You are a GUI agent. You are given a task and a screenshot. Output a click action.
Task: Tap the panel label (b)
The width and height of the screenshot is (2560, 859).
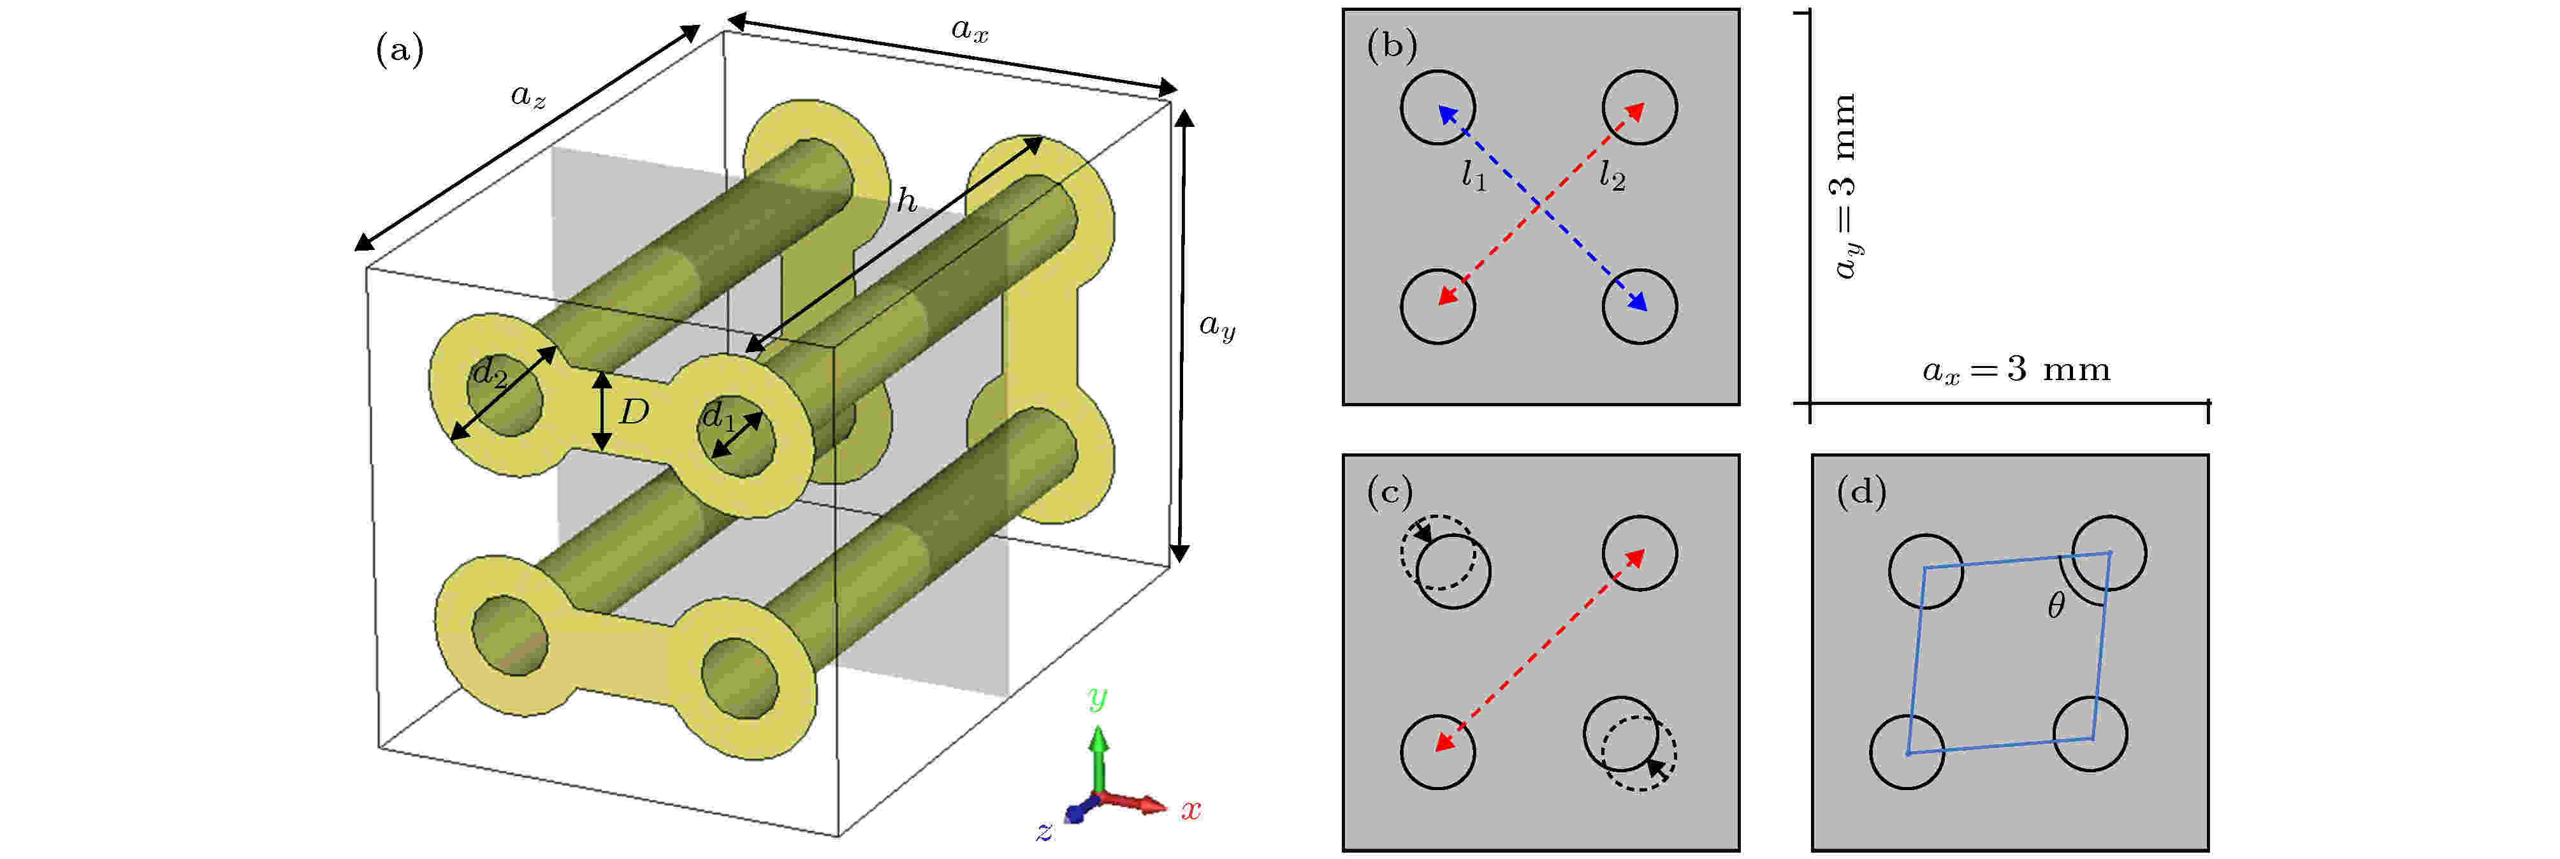(x=1392, y=46)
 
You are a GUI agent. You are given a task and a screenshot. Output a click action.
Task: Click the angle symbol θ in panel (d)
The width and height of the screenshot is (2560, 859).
(x=2056, y=605)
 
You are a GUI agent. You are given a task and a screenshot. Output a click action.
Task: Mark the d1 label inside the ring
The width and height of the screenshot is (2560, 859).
(x=718, y=416)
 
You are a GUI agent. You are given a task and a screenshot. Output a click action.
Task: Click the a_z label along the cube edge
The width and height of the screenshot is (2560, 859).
(x=528, y=96)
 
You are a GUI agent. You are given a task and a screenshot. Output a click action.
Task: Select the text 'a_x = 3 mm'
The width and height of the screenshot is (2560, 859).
(x=2016, y=370)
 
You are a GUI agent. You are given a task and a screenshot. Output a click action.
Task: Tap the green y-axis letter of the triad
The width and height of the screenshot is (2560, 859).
(x=1097, y=698)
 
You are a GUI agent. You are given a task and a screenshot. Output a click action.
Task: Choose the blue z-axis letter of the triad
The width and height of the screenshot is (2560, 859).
(x=1044, y=831)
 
